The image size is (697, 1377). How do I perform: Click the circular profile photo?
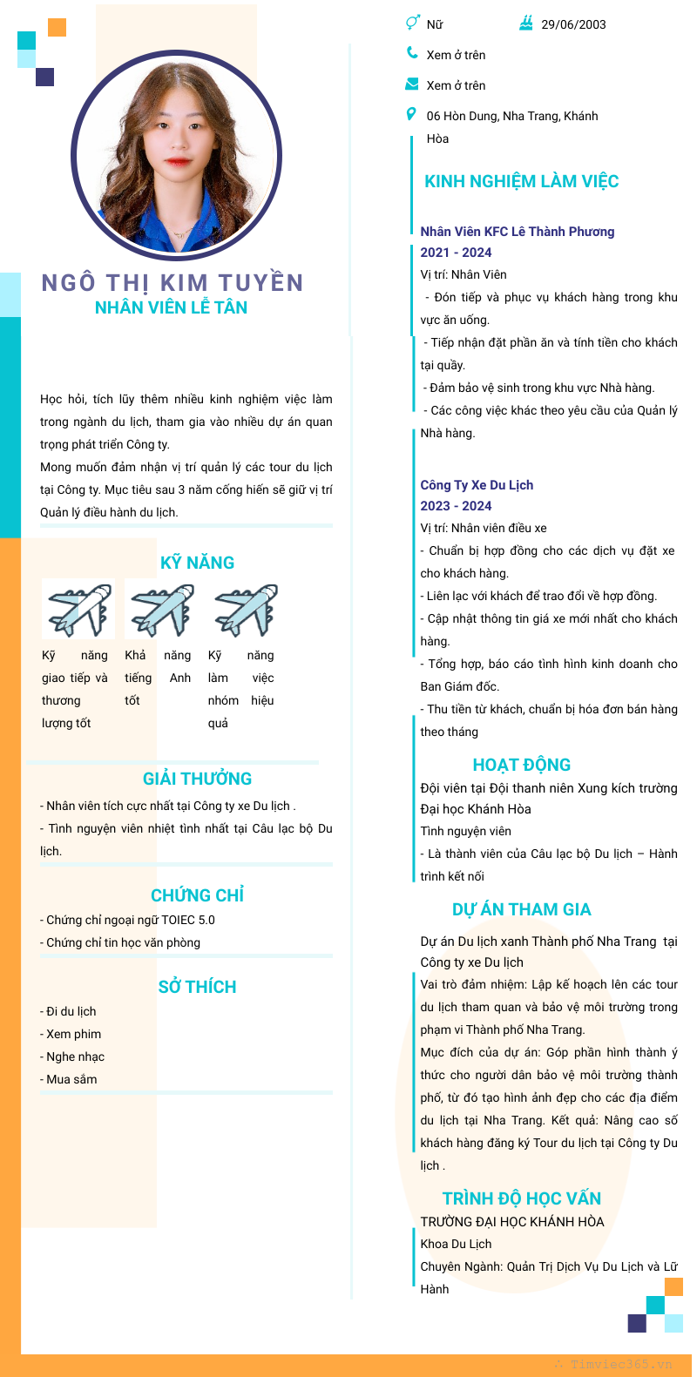[x=176, y=157]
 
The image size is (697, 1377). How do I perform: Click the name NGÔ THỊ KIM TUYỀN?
[x=173, y=283]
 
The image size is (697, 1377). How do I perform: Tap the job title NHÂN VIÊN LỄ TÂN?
[x=171, y=307]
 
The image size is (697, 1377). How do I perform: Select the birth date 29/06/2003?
[x=573, y=24]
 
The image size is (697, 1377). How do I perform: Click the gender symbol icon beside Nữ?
[x=412, y=24]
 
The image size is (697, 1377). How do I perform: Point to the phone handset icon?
[x=412, y=53]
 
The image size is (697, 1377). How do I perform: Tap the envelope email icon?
[x=412, y=84]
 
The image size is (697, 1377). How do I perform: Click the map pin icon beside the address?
[x=411, y=114]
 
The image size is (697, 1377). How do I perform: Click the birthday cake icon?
[x=526, y=24]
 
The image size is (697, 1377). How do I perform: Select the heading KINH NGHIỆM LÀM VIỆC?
[x=521, y=181]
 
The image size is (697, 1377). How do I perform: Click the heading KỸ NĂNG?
[x=197, y=563]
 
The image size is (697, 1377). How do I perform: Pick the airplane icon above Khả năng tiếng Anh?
[x=161, y=609]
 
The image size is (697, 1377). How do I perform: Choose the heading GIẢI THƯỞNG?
[x=197, y=779]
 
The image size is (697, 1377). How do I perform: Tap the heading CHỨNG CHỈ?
[x=197, y=895]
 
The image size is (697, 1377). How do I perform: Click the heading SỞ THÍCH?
[x=197, y=987]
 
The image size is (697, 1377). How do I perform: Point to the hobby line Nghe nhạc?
[x=75, y=1056]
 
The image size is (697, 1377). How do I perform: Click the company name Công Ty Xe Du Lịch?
[x=477, y=485]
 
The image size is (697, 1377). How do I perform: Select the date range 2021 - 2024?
[x=456, y=253]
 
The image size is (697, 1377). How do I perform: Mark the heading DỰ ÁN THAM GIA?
[x=521, y=909]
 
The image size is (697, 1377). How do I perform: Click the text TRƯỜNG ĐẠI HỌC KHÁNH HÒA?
[x=511, y=1221]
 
